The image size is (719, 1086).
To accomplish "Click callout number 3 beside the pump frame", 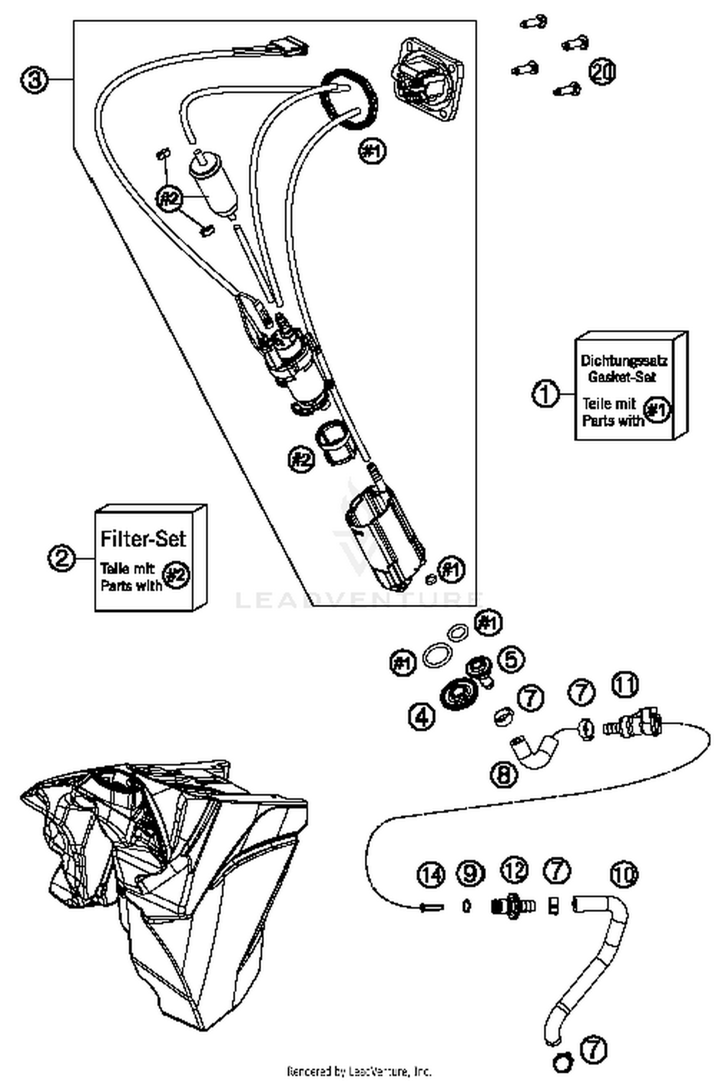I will click(x=34, y=79).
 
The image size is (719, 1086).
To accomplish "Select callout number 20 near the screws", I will click(x=602, y=72).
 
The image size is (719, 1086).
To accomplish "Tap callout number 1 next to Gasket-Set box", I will click(x=545, y=394).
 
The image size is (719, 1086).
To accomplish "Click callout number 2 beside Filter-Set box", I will click(x=61, y=558).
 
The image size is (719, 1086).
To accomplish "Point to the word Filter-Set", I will click(x=143, y=539).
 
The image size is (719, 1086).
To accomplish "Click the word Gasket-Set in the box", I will click(x=622, y=376).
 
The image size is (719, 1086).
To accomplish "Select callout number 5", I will click(x=511, y=659).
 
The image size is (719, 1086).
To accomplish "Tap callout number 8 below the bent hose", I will click(x=504, y=774).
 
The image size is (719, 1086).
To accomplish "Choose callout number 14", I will click(x=431, y=875).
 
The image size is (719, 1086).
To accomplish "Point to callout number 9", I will click(x=470, y=873).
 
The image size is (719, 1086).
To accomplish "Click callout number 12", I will click(x=514, y=871).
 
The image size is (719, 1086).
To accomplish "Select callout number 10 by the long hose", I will click(x=624, y=874).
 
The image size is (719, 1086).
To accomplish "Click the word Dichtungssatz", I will click(x=624, y=360).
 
